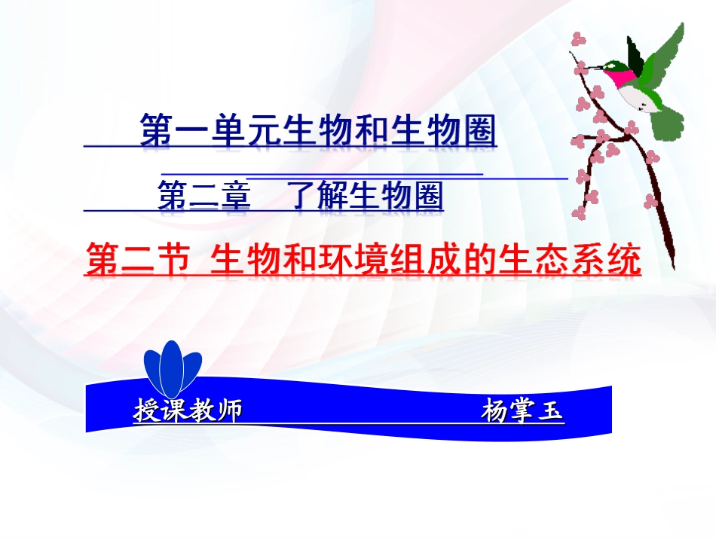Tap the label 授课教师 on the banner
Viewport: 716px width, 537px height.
(x=188, y=412)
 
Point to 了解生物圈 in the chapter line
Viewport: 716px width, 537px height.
(x=366, y=197)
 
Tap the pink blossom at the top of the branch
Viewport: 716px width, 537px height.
(x=578, y=39)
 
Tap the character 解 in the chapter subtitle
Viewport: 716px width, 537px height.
(x=328, y=197)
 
